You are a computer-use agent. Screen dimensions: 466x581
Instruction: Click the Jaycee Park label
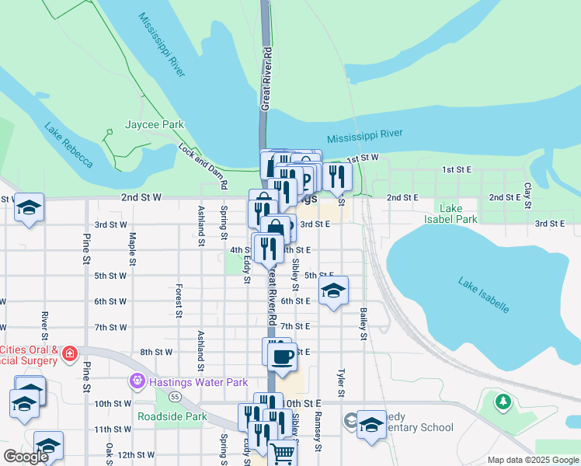pos(154,124)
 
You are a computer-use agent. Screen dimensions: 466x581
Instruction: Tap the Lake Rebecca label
pos(68,145)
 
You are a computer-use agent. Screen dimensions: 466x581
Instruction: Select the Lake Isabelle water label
pos(483,296)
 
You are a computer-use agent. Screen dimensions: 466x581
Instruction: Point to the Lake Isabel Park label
pos(457,214)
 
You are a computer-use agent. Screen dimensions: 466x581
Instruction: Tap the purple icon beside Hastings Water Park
pos(137,382)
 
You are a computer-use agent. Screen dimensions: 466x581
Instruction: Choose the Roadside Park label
pos(172,416)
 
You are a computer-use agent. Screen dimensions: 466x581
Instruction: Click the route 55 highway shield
pos(176,396)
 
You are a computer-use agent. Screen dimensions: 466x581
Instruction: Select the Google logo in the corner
pos(26,457)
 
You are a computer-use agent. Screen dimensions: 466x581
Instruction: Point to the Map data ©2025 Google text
pos(532,460)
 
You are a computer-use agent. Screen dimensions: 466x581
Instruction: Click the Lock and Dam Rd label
pos(203,166)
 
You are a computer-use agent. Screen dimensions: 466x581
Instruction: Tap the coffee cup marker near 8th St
pos(282,356)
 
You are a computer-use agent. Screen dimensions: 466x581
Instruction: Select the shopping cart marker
pos(283,452)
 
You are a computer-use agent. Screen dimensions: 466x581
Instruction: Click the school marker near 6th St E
pos(333,291)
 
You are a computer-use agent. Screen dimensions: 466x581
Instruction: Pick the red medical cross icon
pos(70,354)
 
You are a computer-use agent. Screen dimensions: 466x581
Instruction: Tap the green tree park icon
pos(503,402)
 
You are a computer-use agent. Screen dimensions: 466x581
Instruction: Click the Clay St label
pos(527,195)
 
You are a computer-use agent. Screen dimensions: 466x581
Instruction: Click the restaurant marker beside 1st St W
pos(336,176)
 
